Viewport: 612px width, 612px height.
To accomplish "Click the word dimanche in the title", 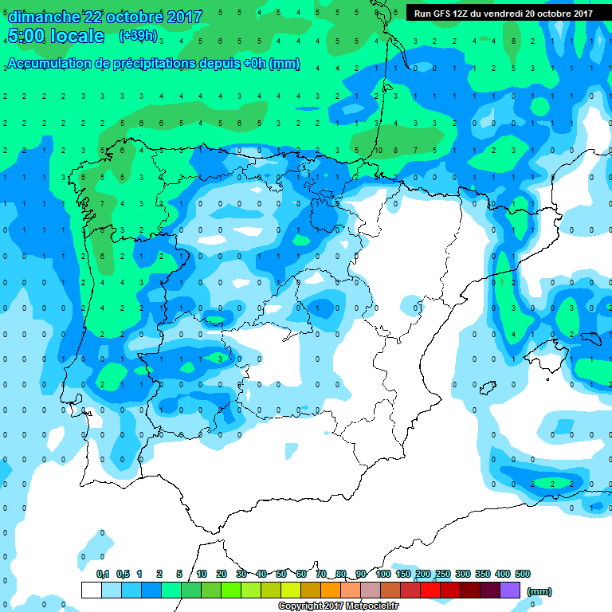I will coord(43,17).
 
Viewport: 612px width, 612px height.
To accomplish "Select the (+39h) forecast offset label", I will coord(138,36).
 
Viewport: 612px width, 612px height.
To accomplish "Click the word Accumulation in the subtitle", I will coord(47,64).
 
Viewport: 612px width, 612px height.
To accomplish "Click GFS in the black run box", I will coord(441,13).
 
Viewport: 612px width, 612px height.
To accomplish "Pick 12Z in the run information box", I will coord(462,13).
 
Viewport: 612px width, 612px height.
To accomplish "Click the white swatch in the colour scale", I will coord(92,590).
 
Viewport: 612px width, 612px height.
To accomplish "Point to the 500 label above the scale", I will coord(523,574).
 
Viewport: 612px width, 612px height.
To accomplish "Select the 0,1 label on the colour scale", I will coord(102,574).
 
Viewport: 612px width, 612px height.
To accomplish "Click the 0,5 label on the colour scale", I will coord(123,574).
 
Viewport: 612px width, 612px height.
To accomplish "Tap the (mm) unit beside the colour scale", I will coord(539,591).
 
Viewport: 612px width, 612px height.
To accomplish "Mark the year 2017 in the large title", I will coord(181,17).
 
